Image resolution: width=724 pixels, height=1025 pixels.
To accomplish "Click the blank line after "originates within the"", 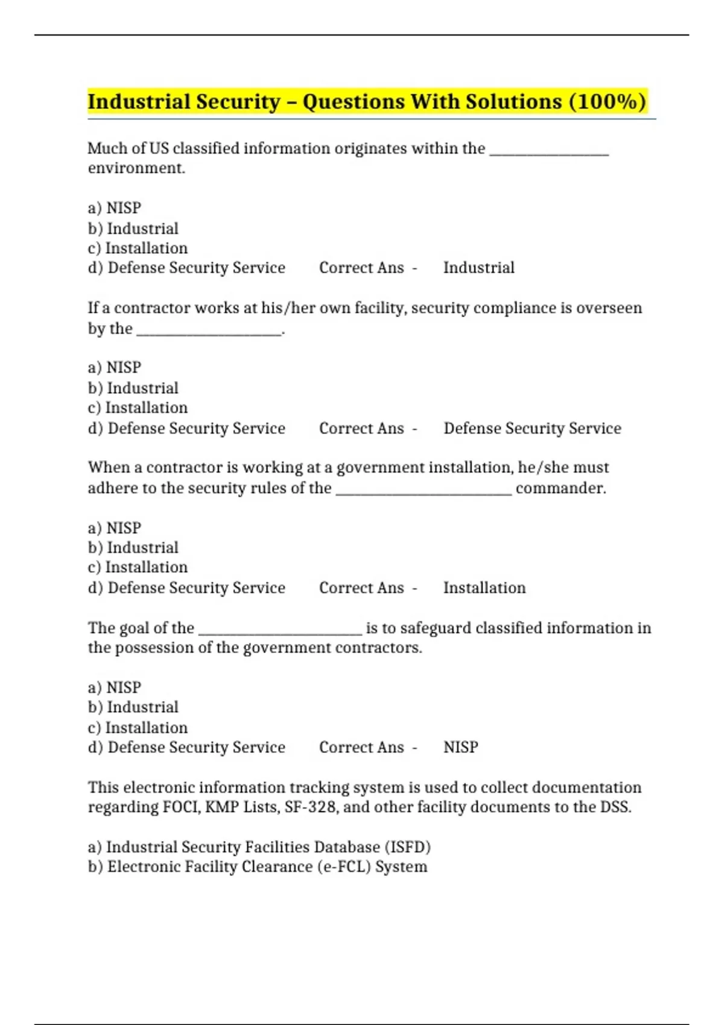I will coord(549,151).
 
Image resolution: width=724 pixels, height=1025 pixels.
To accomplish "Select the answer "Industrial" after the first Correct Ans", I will coord(478,268).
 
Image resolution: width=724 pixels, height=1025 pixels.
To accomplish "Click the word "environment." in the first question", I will coord(136,168).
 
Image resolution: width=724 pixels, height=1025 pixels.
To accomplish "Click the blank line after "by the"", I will coord(209,330).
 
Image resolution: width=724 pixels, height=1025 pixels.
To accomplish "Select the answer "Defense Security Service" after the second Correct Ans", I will coord(532,428).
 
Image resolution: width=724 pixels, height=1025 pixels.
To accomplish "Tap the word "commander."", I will coord(560,488).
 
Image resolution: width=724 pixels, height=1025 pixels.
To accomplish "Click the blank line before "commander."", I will coord(424,490).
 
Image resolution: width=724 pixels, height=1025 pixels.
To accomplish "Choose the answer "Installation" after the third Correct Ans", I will coord(484,588).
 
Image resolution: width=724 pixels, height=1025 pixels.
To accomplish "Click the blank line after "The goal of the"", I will coord(280,631).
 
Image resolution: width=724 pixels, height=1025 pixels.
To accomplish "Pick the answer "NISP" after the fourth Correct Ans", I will coord(460,748).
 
